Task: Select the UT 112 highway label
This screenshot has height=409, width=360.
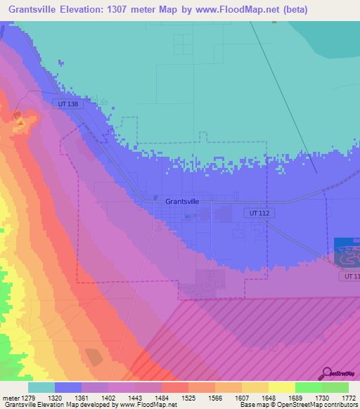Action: [x=259, y=212]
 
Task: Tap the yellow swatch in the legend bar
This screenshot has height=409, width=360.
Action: [x=281, y=387]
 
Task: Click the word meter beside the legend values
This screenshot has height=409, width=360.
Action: [x=11, y=397]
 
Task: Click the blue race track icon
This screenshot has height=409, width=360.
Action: [x=347, y=252]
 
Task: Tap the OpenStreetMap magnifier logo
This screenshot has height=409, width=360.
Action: [x=326, y=373]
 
